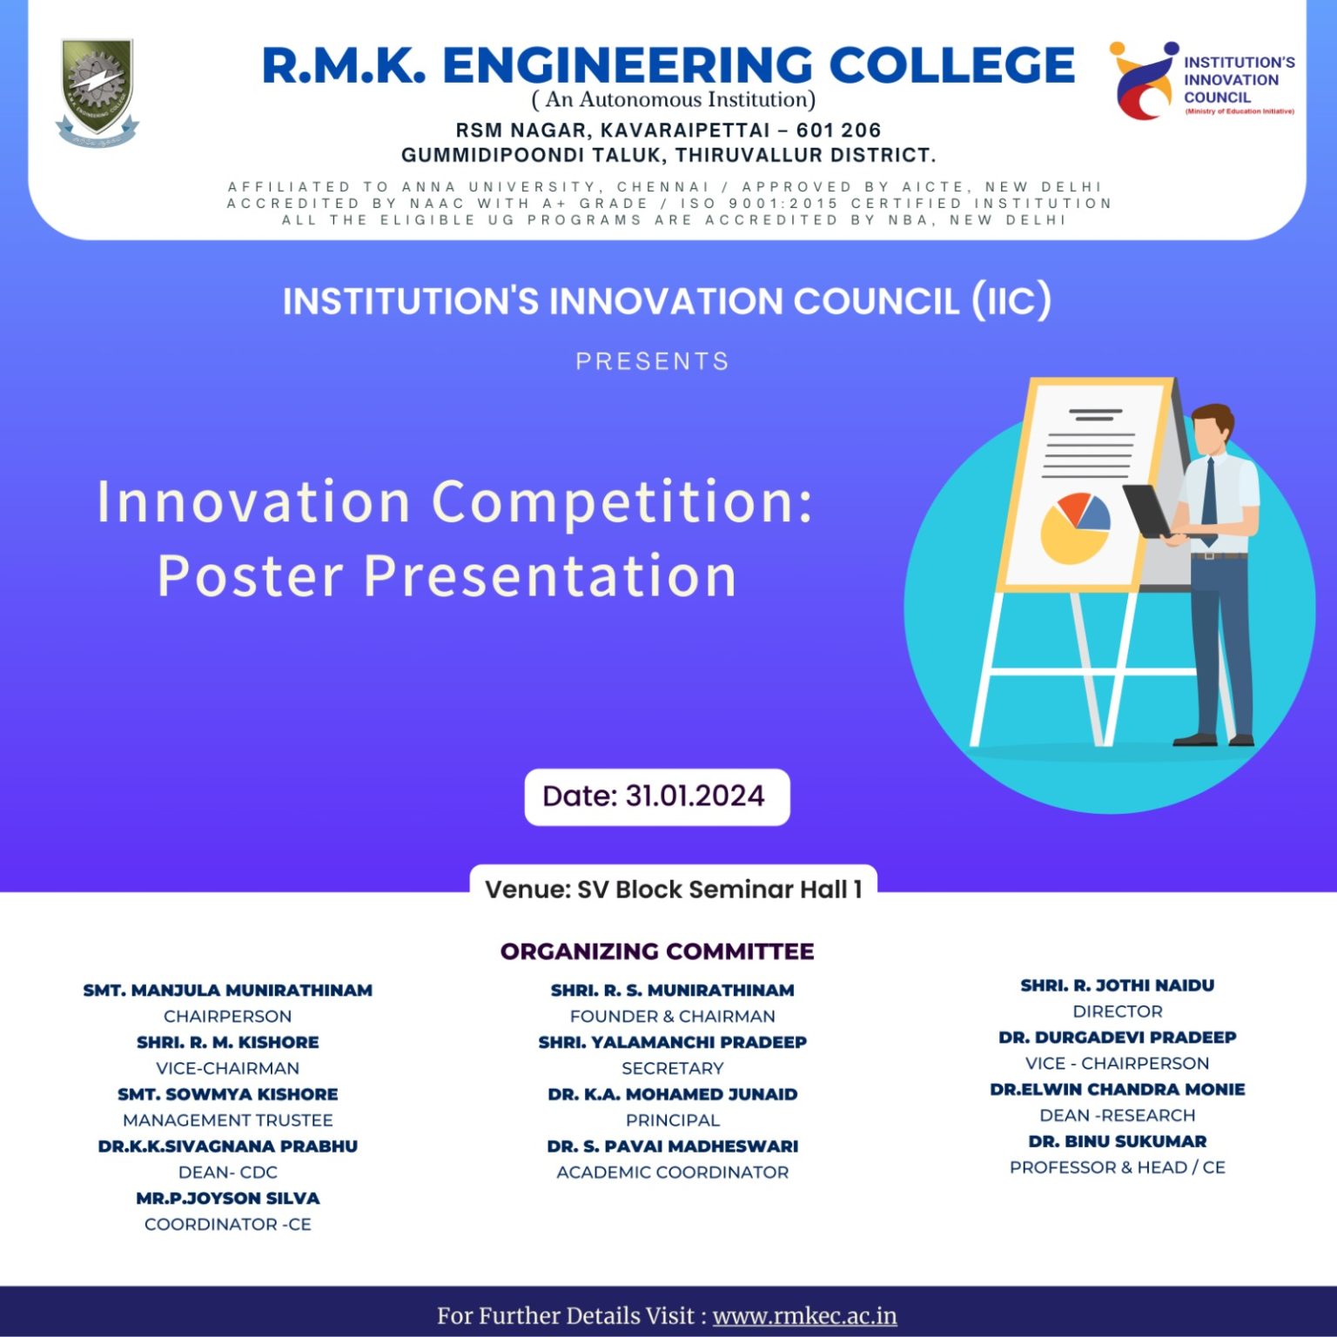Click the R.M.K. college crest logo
pyautogui.click(x=96, y=91)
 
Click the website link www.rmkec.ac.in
pyautogui.click(x=804, y=1315)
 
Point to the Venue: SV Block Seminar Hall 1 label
pyautogui.click(x=673, y=890)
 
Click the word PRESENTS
pyautogui.click(x=652, y=361)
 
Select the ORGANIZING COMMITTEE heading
pyautogui.click(x=657, y=951)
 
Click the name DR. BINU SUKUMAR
pyautogui.click(x=1117, y=1141)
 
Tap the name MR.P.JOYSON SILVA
pyautogui.click(x=227, y=1199)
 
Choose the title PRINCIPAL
pyautogui.click(x=672, y=1120)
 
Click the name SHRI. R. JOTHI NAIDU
pyautogui.click(x=1117, y=985)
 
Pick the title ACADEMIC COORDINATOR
pyautogui.click(x=672, y=1172)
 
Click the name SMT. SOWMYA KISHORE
pyautogui.click(x=227, y=1094)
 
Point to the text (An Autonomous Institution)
pyautogui.click(x=673, y=100)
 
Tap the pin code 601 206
pyautogui.click(x=838, y=131)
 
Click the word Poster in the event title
pyautogui.click(x=251, y=576)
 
